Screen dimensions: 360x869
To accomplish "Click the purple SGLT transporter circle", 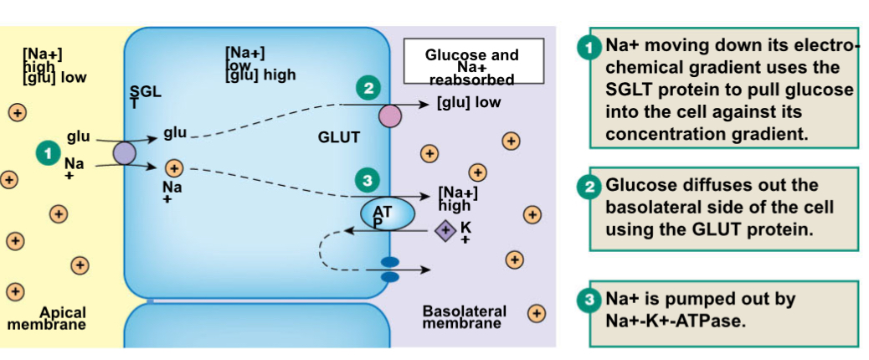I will point(124,152).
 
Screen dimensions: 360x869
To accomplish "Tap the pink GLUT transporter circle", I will point(390,116).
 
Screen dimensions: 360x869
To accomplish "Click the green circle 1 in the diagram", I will point(49,152).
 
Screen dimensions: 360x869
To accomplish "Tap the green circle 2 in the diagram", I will point(368,87).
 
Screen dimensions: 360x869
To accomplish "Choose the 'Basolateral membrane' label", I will point(464,316).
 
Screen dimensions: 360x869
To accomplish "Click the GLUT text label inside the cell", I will point(338,137).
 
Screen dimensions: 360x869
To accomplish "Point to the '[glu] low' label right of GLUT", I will point(469,103).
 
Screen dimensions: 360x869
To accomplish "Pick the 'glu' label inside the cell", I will point(175,132).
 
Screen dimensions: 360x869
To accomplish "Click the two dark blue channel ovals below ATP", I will point(390,269).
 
